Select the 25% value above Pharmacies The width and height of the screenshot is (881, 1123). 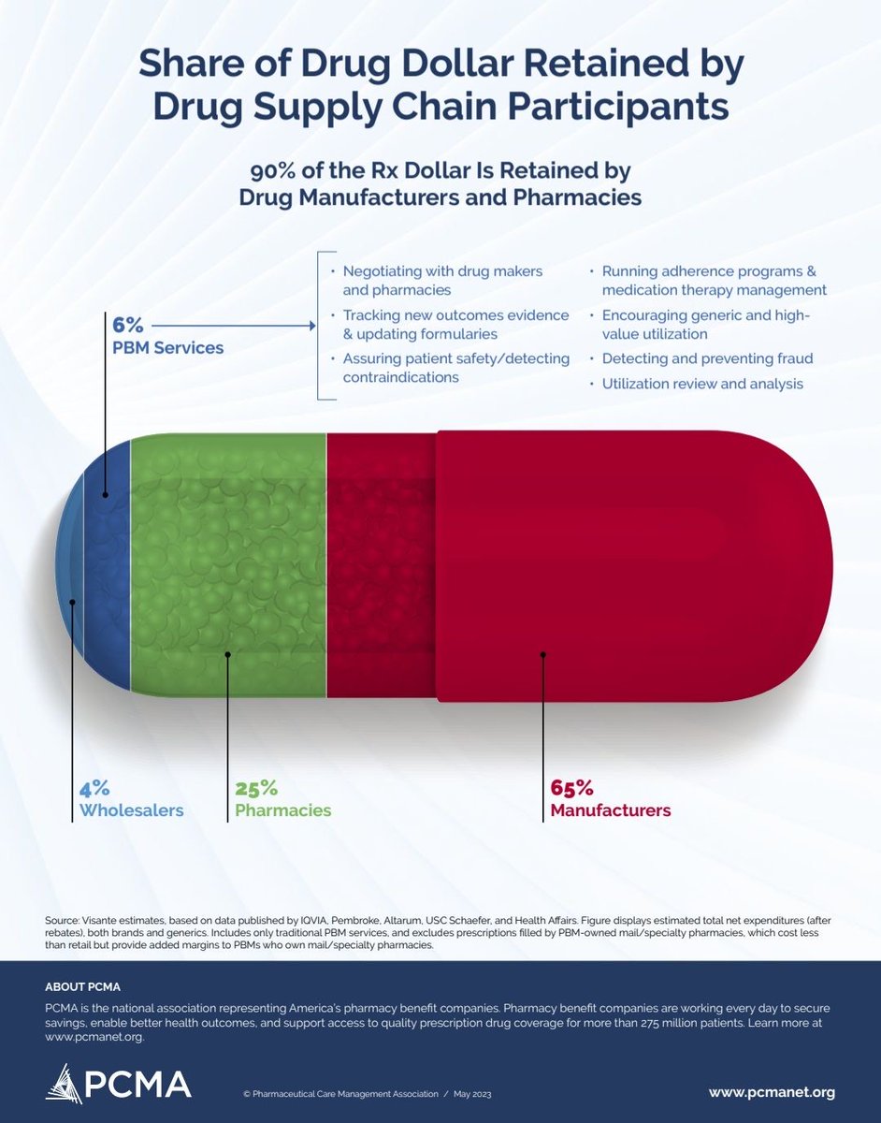pyautogui.click(x=256, y=788)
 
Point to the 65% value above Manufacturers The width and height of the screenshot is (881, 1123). pyautogui.click(x=571, y=788)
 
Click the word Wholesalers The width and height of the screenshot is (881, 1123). pyautogui.click(x=131, y=810)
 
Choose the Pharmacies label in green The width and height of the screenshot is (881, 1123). pyautogui.click(x=282, y=810)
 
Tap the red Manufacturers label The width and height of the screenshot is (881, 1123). pyautogui.click(x=610, y=810)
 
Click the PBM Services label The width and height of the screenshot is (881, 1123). pyautogui.click(x=167, y=348)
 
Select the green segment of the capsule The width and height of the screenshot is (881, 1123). pyautogui.click(x=228, y=566)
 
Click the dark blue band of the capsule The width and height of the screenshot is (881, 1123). pyautogui.click(x=107, y=566)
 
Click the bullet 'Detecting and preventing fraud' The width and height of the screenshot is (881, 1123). pyautogui.click(x=707, y=358)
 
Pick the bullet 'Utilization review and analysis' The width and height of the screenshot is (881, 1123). pyautogui.click(x=702, y=384)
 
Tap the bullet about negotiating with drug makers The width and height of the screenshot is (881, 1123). pyautogui.click(x=442, y=281)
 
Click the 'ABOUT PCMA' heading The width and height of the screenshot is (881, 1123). pyautogui.click(x=82, y=987)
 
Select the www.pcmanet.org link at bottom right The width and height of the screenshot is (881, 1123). pyautogui.click(x=772, y=1092)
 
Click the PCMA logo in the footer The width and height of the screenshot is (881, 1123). pyautogui.click(x=118, y=1083)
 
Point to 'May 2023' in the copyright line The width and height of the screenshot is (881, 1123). pyautogui.click(x=474, y=1094)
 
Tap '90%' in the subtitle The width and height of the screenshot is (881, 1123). pyautogui.click(x=273, y=171)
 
